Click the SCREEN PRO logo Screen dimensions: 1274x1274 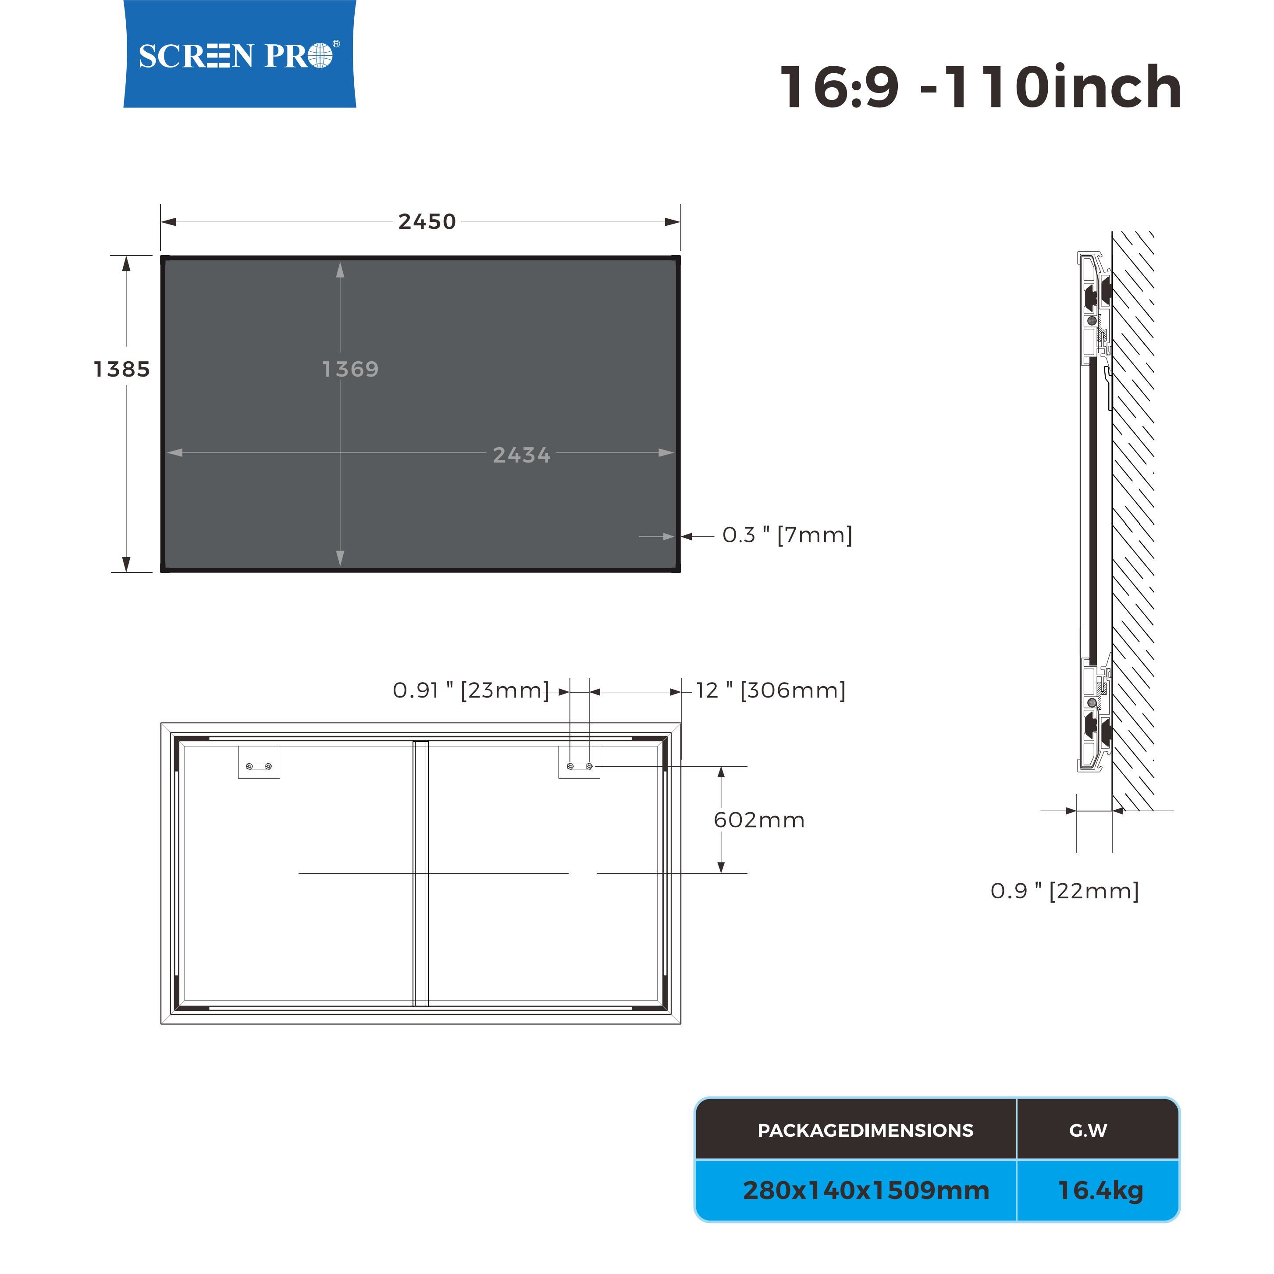coord(239,54)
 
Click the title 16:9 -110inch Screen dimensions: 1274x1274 coord(981,87)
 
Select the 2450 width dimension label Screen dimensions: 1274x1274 coord(427,221)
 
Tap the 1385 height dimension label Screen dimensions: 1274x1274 coord(121,369)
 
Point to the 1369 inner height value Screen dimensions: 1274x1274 coord(350,369)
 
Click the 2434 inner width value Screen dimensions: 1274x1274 coord(522,455)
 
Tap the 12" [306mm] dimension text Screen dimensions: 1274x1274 coord(771,690)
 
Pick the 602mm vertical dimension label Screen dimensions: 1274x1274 coord(759,820)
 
